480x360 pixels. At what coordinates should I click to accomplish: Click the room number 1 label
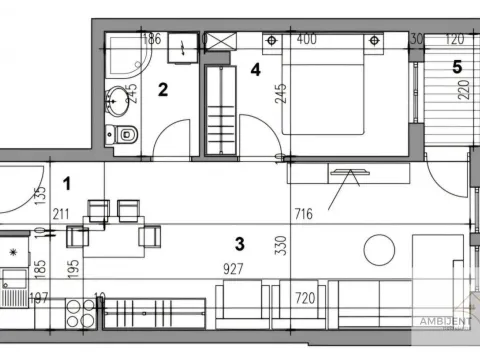pos(66,184)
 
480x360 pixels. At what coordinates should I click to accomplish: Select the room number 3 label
pos(239,242)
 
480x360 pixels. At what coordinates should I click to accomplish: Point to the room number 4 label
pos(256,70)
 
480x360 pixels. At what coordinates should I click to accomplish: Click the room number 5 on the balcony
pos(457,68)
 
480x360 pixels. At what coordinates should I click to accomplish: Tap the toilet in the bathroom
pos(125,134)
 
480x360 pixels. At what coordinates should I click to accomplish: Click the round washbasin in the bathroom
pos(122,98)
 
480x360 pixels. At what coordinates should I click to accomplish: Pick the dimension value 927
pos(236,268)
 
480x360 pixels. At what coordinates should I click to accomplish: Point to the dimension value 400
pos(306,40)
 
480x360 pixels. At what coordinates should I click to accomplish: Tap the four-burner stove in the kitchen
pos(80,314)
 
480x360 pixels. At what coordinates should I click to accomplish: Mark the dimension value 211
pos(60,213)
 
